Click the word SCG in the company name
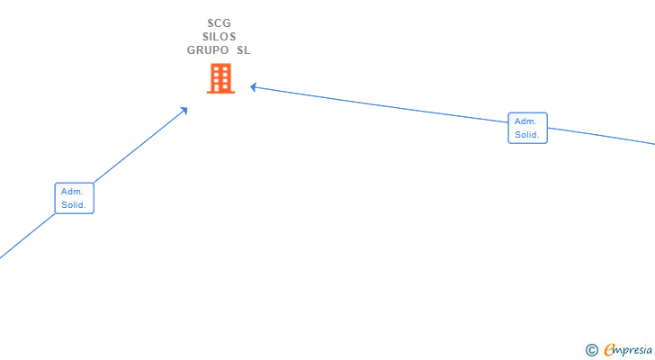pos(219,23)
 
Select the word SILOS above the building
pos(219,37)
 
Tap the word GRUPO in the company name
pos(208,50)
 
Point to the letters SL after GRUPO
pos(243,50)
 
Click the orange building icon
pos(220,79)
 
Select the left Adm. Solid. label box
pos(74,198)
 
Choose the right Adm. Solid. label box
pos(527,128)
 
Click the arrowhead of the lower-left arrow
pos(184,109)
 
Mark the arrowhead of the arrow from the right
pos(254,86)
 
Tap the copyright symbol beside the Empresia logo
pos(591,350)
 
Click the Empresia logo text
pos(629,350)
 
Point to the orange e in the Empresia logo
pos(609,350)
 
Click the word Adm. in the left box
pos(72,191)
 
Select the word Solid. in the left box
pos(74,205)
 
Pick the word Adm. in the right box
pos(525,121)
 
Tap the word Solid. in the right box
pos(527,135)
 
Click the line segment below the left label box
pos(27,237)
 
